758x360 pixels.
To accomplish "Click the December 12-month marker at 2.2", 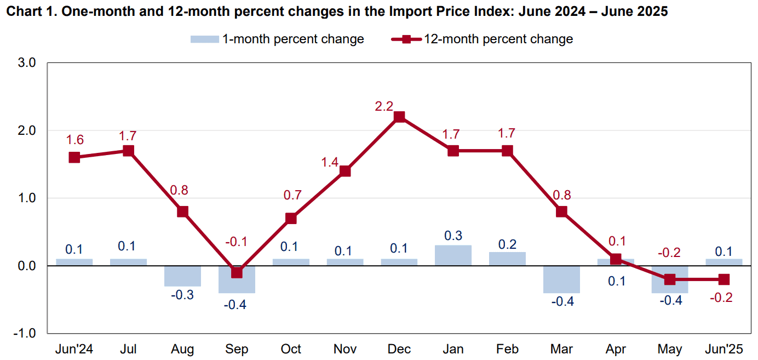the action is [x=399, y=117].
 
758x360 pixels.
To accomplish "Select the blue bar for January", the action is [x=453, y=255].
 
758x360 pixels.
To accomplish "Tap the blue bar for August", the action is [x=182, y=276].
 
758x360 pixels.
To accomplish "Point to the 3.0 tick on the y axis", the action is [x=27, y=62].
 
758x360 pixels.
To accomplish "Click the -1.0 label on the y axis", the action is [x=25, y=333].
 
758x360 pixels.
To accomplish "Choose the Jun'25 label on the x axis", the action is [x=724, y=349].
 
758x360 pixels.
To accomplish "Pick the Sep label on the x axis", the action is [x=237, y=349].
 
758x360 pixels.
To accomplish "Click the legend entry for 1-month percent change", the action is [x=277, y=39].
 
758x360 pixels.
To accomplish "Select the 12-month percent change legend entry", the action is [x=482, y=39].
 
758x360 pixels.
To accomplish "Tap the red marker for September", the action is [x=237, y=273].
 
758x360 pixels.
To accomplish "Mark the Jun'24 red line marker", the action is [x=74, y=157].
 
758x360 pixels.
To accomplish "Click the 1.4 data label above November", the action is [x=330, y=162].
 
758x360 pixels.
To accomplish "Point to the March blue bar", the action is [x=561, y=279].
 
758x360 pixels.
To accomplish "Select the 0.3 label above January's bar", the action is [x=453, y=236].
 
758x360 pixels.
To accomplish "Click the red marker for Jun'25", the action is [x=724, y=279].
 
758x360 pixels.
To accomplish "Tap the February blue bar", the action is [x=507, y=259].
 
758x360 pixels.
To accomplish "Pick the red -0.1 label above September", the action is [x=236, y=242].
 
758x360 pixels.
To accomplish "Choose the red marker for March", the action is [x=561, y=212].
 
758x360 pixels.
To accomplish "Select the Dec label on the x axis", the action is [x=399, y=349].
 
